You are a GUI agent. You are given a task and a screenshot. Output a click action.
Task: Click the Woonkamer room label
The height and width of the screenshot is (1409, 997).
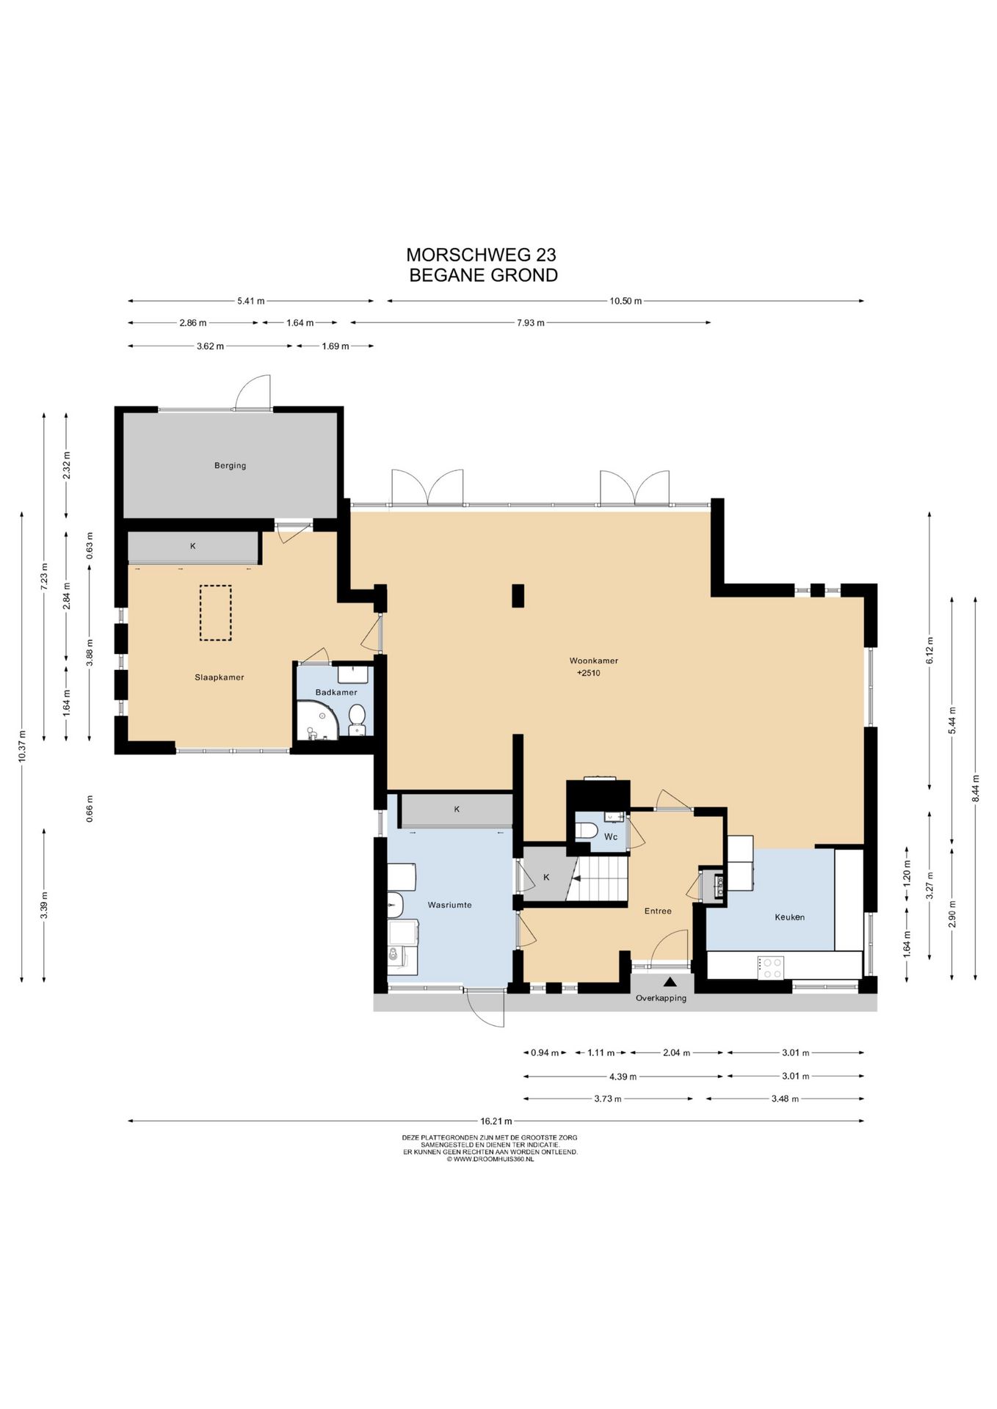click(x=593, y=660)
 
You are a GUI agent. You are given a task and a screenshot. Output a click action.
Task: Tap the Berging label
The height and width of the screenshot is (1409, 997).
click(x=230, y=465)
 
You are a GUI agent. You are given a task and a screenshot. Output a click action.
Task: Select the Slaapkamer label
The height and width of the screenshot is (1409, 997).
click(x=219, y=677)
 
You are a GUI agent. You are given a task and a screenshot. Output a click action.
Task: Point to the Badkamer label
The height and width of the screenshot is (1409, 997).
click(x=336, y=692)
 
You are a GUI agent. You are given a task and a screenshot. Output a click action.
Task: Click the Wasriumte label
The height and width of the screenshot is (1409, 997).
click(x=449, y=905)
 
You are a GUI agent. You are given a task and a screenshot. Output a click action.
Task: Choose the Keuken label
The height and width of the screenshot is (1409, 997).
click(x=789, y=917)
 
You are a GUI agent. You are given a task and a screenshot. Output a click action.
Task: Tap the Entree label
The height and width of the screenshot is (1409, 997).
click(x=658, y=911)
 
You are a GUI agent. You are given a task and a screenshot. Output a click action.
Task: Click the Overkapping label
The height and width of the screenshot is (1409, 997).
click(x=661, y=998)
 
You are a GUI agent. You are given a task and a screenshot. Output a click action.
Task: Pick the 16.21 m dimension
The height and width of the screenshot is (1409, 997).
click(x=496, y=1121)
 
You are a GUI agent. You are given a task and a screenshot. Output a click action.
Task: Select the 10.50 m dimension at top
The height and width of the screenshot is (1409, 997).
click(x=626, y=301)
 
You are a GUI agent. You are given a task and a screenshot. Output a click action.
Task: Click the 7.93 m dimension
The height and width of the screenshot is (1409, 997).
click(x=530, y=322)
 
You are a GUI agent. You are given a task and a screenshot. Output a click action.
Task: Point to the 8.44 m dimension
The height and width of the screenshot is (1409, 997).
click(x=976, y=788)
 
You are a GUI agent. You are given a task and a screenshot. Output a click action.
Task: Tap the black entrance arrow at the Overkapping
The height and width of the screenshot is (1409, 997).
click(x=670, y=982)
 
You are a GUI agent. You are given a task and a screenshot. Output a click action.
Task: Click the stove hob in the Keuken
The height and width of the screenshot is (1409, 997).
click(x=771, y=967)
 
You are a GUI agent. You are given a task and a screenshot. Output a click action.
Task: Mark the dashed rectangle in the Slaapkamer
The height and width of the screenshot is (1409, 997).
click(x=215, y=613)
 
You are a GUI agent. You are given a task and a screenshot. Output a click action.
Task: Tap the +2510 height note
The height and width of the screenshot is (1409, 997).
click(x=588, y=672)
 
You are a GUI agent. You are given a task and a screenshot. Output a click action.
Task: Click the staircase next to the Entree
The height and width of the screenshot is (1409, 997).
click(x=600, y=878)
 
